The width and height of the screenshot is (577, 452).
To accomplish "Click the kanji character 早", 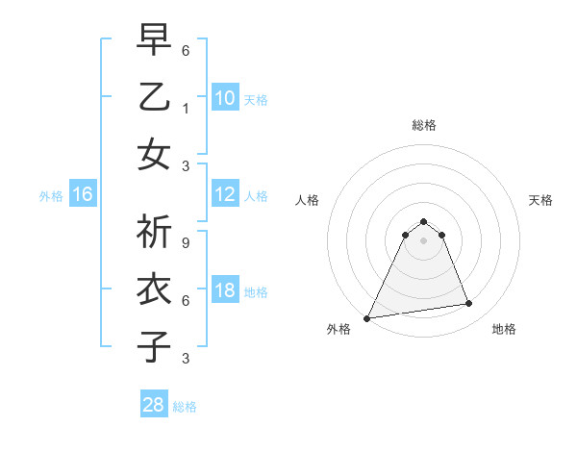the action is (155, 42).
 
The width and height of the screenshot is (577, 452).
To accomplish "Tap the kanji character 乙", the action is (155, 98).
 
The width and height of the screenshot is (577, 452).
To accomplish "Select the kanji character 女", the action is (155, 154).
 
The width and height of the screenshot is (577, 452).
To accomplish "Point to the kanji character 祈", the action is (155, 235).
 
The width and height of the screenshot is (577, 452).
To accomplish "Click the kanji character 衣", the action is (155, 290).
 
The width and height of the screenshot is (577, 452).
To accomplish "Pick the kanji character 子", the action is (155, 346).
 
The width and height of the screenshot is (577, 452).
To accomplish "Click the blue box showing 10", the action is (225, 98).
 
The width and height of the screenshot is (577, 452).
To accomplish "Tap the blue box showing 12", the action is (225, 194).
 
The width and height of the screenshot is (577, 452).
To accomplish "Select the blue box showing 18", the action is (225, 291).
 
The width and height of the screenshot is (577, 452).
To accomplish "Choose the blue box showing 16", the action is (83, 195).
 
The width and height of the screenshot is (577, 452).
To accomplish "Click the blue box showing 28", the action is (154, 405).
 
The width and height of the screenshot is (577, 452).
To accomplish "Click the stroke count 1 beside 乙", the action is (186, 110).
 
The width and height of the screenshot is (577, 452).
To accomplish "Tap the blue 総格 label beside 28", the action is (185, 407).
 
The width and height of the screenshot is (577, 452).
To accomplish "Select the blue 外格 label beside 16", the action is (51, 196).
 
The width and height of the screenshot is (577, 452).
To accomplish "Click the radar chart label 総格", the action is (423, 125).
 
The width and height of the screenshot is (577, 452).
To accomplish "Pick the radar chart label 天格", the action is (540, 200).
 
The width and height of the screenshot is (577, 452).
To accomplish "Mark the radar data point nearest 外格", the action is (367, 317).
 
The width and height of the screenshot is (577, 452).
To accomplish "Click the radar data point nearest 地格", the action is (469, 304).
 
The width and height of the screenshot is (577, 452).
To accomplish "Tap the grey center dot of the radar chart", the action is (423, 239).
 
